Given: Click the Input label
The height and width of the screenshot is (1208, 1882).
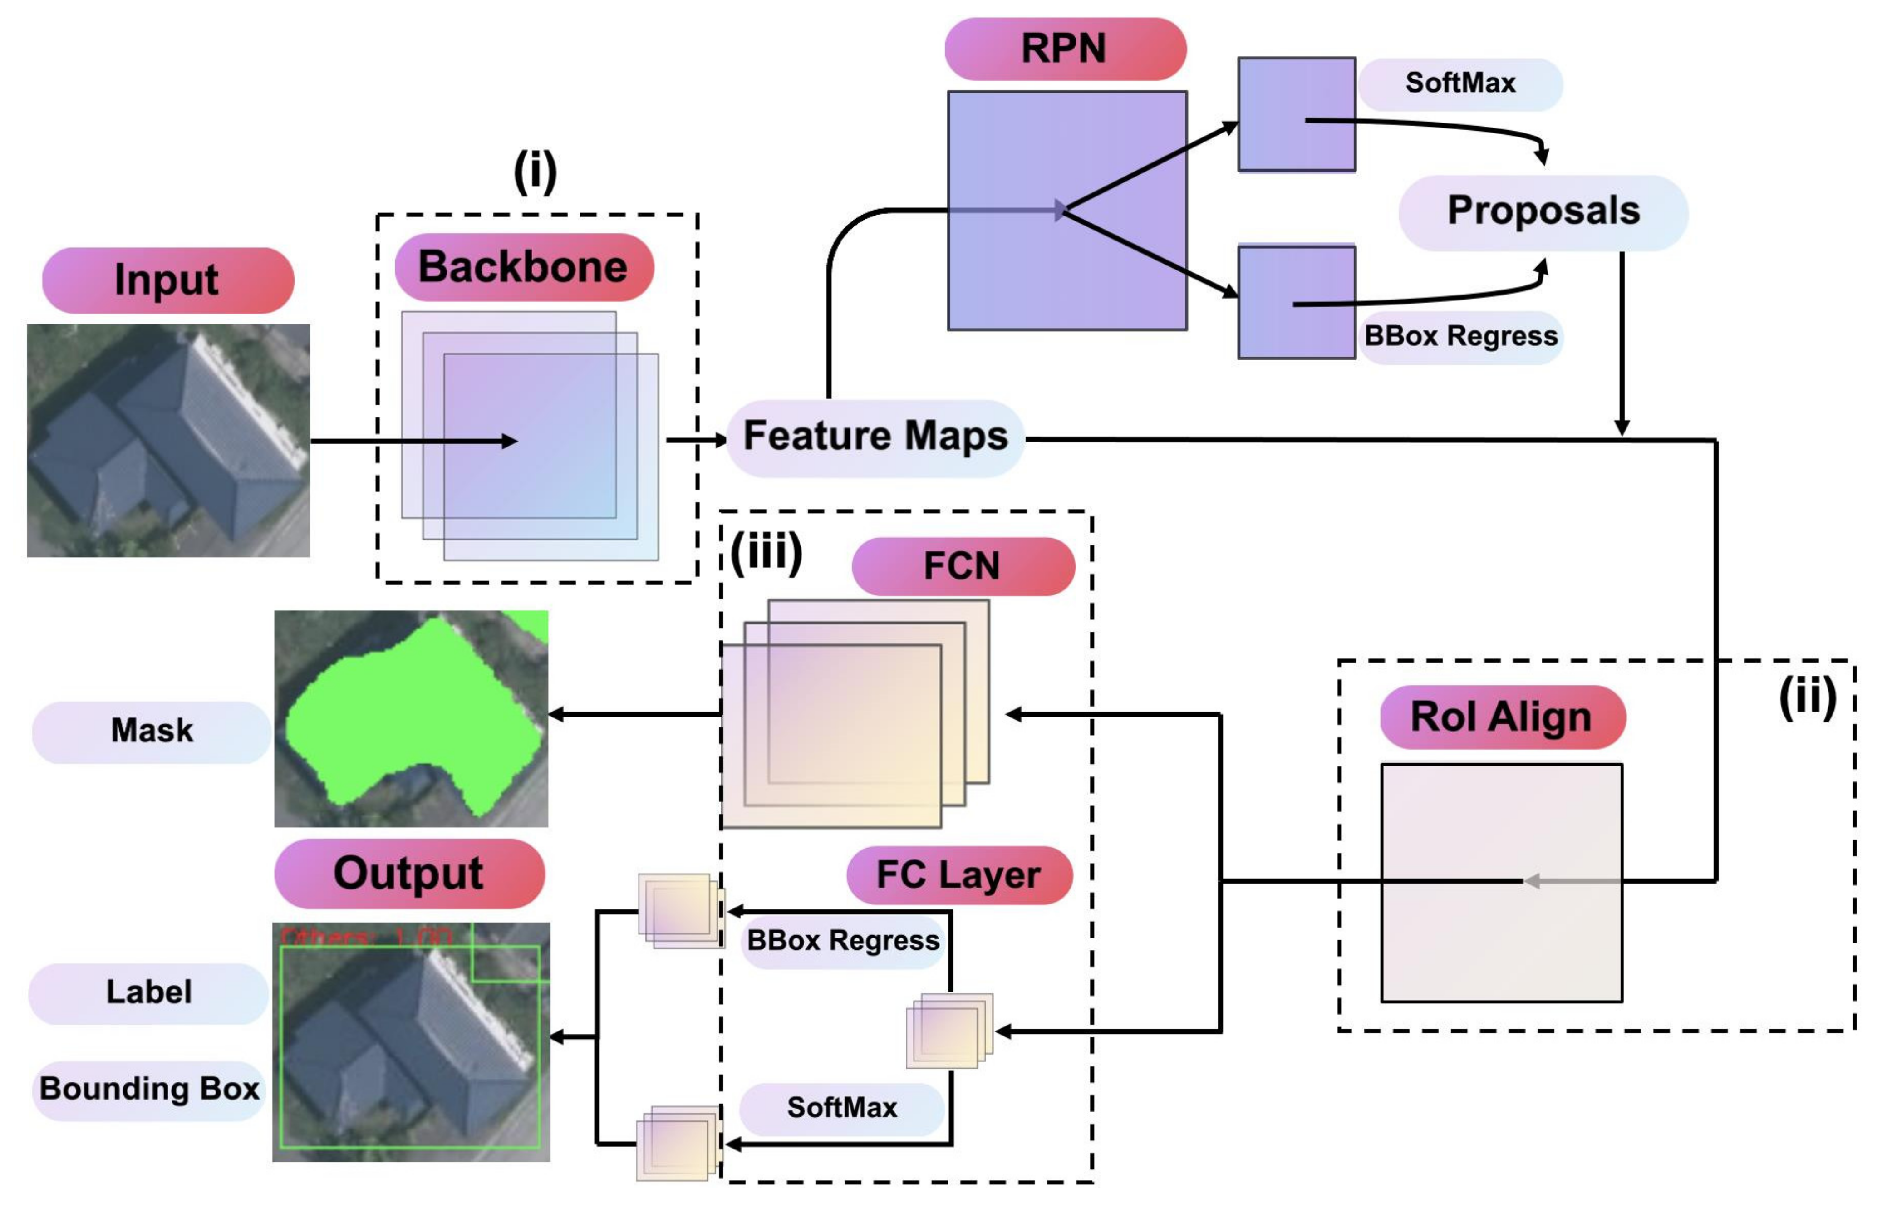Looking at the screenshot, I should pyautogui.click(x=167, y=280).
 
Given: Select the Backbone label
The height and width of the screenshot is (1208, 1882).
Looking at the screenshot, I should pyautogui.click(x=523, y=267).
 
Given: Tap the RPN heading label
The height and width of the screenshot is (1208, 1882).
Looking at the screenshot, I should pyautogui.click(x=1065, y=49).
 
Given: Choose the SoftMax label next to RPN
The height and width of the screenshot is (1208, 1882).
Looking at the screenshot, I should pyautogui.click(x=1460, y=83).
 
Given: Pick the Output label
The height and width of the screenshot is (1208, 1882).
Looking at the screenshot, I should pyautogui.click(x=409, y=873).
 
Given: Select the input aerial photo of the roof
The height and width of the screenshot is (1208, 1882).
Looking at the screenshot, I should pyautogui.click(x=168, y=440).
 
